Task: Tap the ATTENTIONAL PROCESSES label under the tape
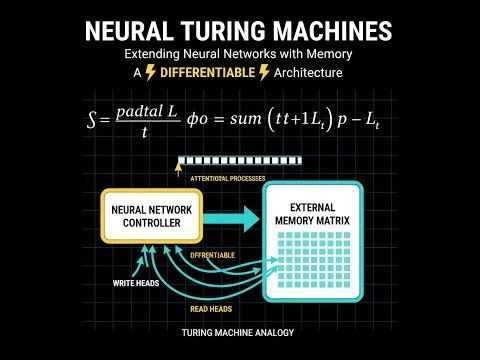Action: tap(227, 177)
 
